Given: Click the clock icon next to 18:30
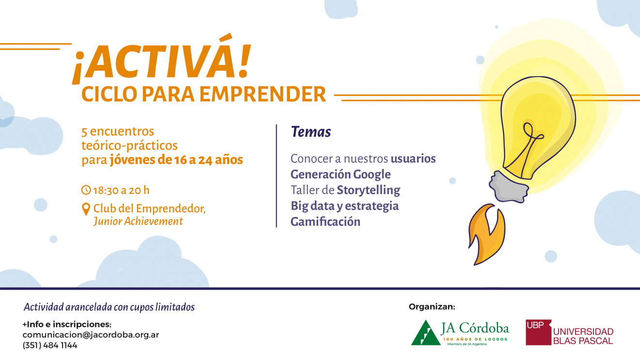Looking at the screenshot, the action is tap(86, 190).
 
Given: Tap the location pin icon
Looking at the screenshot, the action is tap(86, 209).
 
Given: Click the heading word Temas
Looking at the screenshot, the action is tap(311, 132).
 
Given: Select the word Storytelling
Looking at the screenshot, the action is tap(368, 190).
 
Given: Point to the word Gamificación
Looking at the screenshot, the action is tap(325, 222).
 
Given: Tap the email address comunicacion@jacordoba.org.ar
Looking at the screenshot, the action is tap(91, 335).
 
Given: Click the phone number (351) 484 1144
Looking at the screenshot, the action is tap(50, 345).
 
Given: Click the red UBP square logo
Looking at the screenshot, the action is tap(538, 332).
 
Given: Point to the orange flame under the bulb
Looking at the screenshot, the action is tap(486, 234).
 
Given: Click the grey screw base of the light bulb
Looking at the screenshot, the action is tap(509, 187).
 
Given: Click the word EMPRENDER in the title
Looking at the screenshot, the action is tap(263, 94).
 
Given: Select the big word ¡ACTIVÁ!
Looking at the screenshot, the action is tap(161, 60).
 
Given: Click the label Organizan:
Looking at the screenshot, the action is tap(432, 307).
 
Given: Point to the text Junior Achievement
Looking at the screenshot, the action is tap(138, 221).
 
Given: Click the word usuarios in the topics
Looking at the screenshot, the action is tap(413, 159).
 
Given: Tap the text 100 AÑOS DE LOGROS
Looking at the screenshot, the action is tap(475, 339).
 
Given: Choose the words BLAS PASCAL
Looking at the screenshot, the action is tap(583, 341).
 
